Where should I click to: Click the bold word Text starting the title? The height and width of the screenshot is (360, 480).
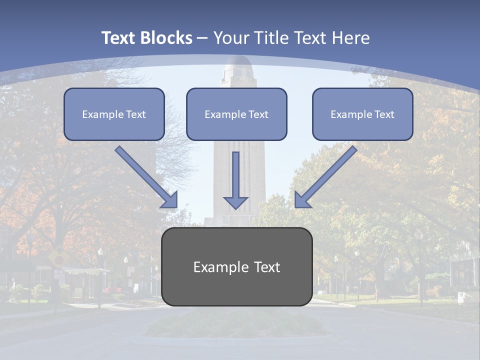(x=120, y=38)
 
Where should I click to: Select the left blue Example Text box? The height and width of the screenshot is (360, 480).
(x=114, y=114)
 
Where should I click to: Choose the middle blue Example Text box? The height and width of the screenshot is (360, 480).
(x=236, y=114)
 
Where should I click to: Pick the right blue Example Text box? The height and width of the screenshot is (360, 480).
(x=362, y=114)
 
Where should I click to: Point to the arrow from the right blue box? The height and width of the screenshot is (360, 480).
(x=325, y=177)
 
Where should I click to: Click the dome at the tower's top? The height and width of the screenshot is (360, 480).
(x=236, y=64)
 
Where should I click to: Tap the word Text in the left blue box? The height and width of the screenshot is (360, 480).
(x=136, y=114)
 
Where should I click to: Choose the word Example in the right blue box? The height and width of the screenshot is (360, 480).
(x=350, y=114)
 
